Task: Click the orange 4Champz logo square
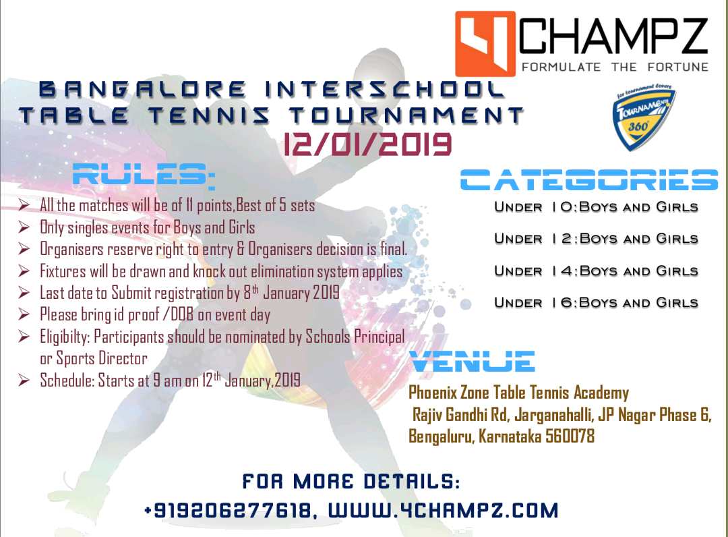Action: (485, 44)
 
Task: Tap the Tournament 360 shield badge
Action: (644, 117)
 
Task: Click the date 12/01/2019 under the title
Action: (367, 144)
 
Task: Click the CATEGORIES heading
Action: (589, 179)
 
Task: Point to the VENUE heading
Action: (472, 362)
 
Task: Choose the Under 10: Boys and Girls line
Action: (596, 206)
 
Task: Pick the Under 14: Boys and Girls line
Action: (596, 271)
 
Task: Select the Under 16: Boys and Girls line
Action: (596, 303)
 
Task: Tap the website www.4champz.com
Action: (444, 511)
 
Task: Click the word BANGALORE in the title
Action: (142, 90)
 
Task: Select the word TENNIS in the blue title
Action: (209, 115)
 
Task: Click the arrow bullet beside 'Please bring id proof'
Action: (24, 314)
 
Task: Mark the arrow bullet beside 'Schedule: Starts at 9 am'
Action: (24, 380)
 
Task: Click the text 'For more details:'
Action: (351, 482)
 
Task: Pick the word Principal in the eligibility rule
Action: (380, 337)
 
